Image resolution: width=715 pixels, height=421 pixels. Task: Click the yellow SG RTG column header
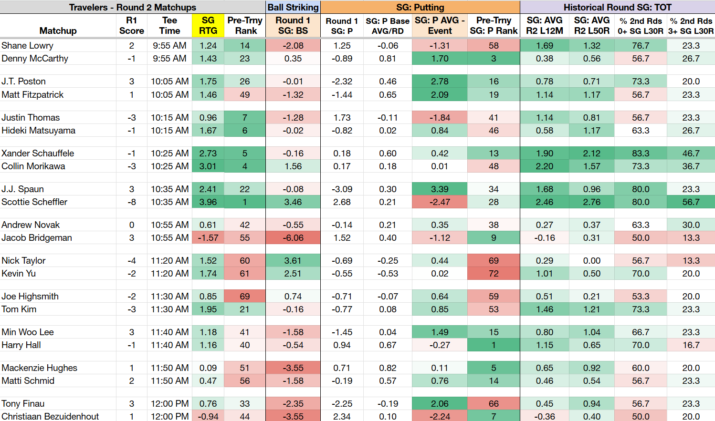pos(208,26)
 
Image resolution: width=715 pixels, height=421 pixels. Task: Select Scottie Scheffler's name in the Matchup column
pos(34,202)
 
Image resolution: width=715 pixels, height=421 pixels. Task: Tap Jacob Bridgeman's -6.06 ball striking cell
pos(293,237)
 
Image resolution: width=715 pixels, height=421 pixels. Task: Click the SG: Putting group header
pos(420,7)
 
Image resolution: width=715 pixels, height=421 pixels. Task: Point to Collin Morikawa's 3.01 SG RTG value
pos(208,166)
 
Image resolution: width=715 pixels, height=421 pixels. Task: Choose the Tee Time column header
pos(169,26)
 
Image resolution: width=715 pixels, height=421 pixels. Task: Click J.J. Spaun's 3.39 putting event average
pos(440,189)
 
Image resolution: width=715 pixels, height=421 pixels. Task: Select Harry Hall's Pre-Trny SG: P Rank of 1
pos(494,345)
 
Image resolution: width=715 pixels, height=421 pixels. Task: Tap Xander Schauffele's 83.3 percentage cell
pos(641,154)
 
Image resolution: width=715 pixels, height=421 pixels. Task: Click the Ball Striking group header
pos(293,7)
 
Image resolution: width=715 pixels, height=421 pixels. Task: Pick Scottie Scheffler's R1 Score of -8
pos(132,202)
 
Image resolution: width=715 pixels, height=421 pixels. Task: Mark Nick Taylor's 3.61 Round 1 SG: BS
pos(293,261)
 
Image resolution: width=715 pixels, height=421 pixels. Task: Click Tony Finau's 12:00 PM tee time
pos(169,404)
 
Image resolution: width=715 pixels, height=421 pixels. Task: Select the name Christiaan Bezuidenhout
pos(50,417)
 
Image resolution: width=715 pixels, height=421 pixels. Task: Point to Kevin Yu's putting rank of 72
pos(494,274)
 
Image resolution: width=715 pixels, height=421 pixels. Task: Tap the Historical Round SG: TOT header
pos(617,7)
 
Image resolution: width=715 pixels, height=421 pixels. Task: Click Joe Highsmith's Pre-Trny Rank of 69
pos(245,296)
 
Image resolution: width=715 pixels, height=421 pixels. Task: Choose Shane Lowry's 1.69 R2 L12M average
pos(545,46)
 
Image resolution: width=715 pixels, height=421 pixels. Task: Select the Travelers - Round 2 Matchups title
pos(133,7)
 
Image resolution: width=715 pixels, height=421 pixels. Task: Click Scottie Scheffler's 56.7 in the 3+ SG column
pos(691,202)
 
